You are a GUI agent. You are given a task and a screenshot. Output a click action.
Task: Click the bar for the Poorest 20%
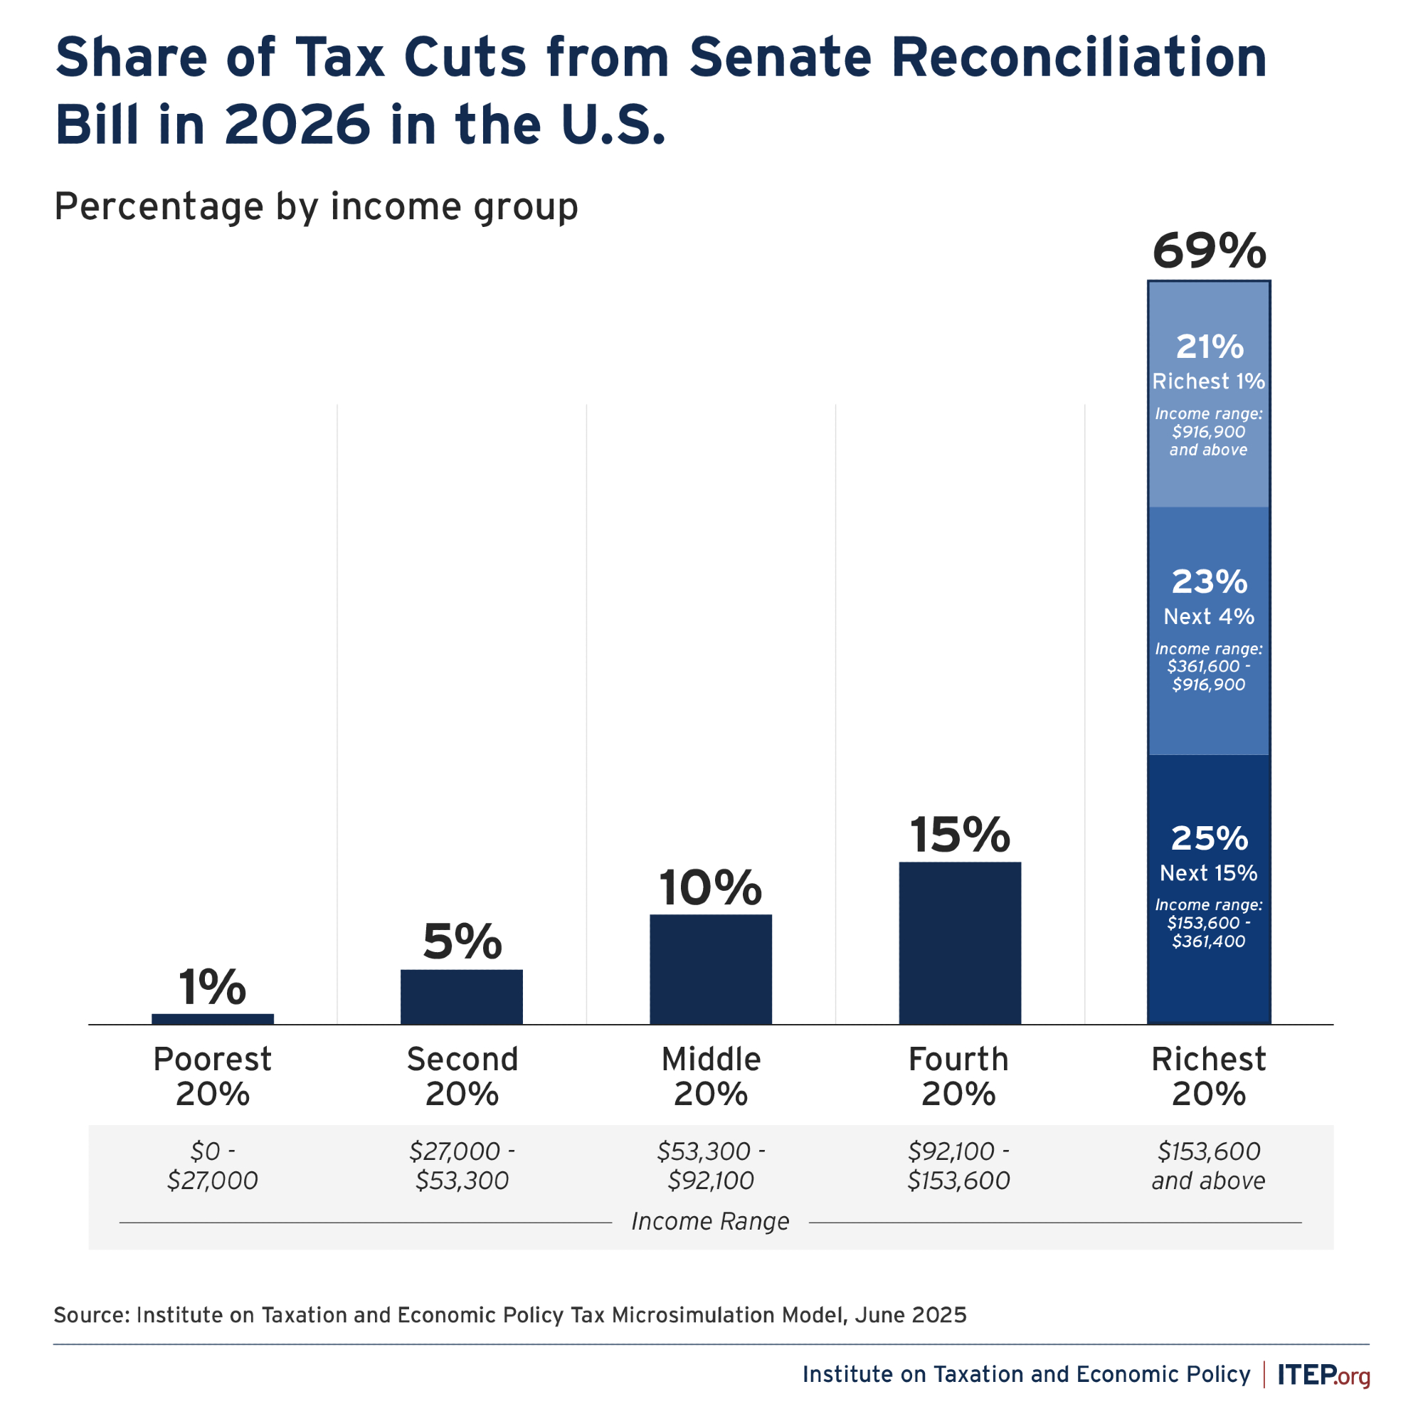click(x=212, y=1019)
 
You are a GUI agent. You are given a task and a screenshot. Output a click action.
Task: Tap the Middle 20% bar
click(x=710, y=968)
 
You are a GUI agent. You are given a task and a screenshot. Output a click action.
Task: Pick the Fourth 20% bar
click(x=959, y=942)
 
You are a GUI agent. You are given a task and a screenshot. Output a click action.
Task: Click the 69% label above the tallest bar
click(x=1209, y=251)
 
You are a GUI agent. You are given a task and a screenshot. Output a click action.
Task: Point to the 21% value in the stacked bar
click(x=1209, y=347)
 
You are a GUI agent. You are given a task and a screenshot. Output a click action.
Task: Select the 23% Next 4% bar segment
click(x=1209, y=630)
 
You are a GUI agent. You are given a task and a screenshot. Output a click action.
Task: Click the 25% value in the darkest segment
click(x=1209, y=838)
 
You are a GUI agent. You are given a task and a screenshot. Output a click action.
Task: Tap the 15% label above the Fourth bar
click(x=959, y=835)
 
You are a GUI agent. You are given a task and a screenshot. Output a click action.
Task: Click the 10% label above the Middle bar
click(x=710, y=888)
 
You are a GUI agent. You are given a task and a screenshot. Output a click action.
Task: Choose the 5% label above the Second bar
click(x=462, y=942)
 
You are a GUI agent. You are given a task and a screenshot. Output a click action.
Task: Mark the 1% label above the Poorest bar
click(x=212, y=987)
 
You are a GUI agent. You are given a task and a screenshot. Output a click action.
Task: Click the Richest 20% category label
click(x=1209, y=1076)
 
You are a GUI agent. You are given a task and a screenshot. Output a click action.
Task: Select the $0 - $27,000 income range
click(x=212, y=1166)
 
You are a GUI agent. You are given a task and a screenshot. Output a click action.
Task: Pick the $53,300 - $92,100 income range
click(x=710, y=1166)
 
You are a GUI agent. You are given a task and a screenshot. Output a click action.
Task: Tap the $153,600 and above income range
click(x=1209, y=1166)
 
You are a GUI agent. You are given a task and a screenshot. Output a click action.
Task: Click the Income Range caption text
click(x=710, y=1221)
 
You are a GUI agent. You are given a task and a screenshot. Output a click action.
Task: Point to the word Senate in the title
click(x=780, y=58)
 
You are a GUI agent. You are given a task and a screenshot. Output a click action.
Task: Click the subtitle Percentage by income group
click(x=316, y=206)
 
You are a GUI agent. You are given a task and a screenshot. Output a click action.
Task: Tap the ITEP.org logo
click(x=1323, y=1375)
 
